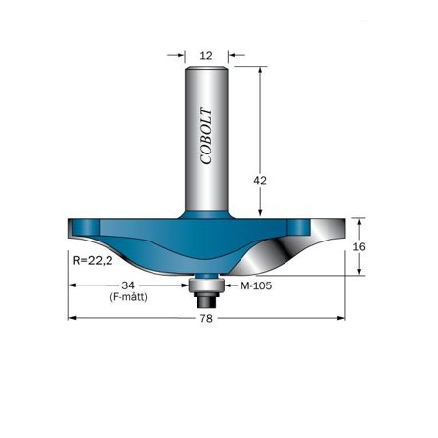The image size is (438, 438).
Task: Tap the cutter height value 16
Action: click(x=360, y=248)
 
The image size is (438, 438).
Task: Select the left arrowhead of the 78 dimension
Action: click(x=71, y=318)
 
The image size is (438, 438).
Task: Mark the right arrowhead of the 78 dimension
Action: click(x=341, y=318)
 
